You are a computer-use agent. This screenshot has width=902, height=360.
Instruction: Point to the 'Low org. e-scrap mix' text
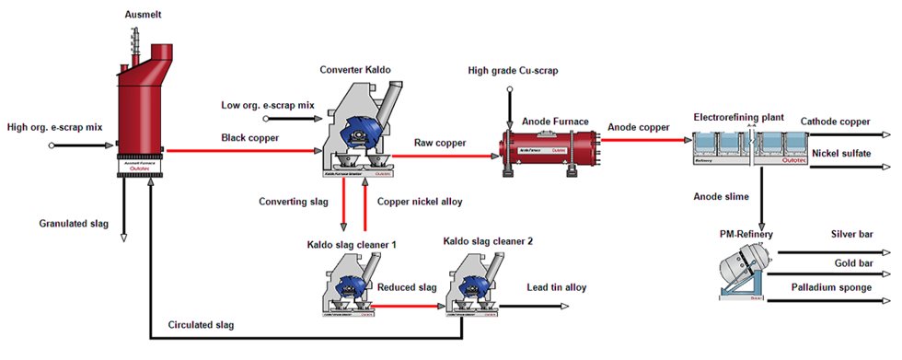coord(268,105)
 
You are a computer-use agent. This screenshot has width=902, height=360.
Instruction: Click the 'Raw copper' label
coord(438,143)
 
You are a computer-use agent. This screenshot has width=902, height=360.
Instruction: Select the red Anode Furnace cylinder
coord(544,146)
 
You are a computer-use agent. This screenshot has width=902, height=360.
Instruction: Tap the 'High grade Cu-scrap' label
coord(513,71)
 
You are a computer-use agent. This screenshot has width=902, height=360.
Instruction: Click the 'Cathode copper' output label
coord(835,121)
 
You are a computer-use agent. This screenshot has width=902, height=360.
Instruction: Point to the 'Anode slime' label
coord(723,195)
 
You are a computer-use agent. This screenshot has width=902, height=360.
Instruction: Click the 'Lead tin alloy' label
coord(555,287)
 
